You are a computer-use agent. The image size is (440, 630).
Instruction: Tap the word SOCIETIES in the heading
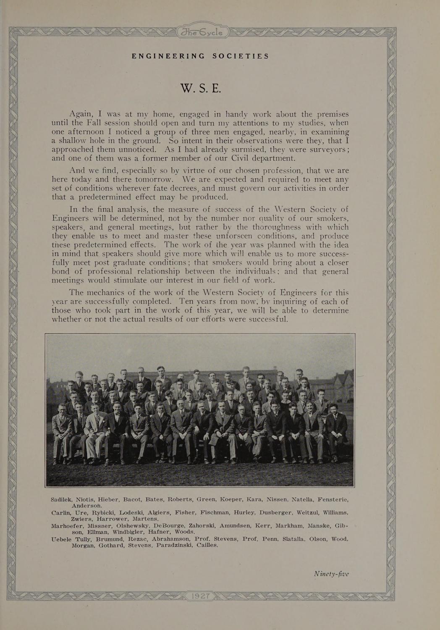[x=240, y=56]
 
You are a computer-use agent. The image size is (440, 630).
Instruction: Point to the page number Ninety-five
[x=331, y=574]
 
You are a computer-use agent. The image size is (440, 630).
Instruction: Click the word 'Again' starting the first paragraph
[x=81, y=114]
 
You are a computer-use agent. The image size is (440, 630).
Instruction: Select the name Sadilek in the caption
[x=62, y=499]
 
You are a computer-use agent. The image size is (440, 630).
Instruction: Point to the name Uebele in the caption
[x=61, y=539]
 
